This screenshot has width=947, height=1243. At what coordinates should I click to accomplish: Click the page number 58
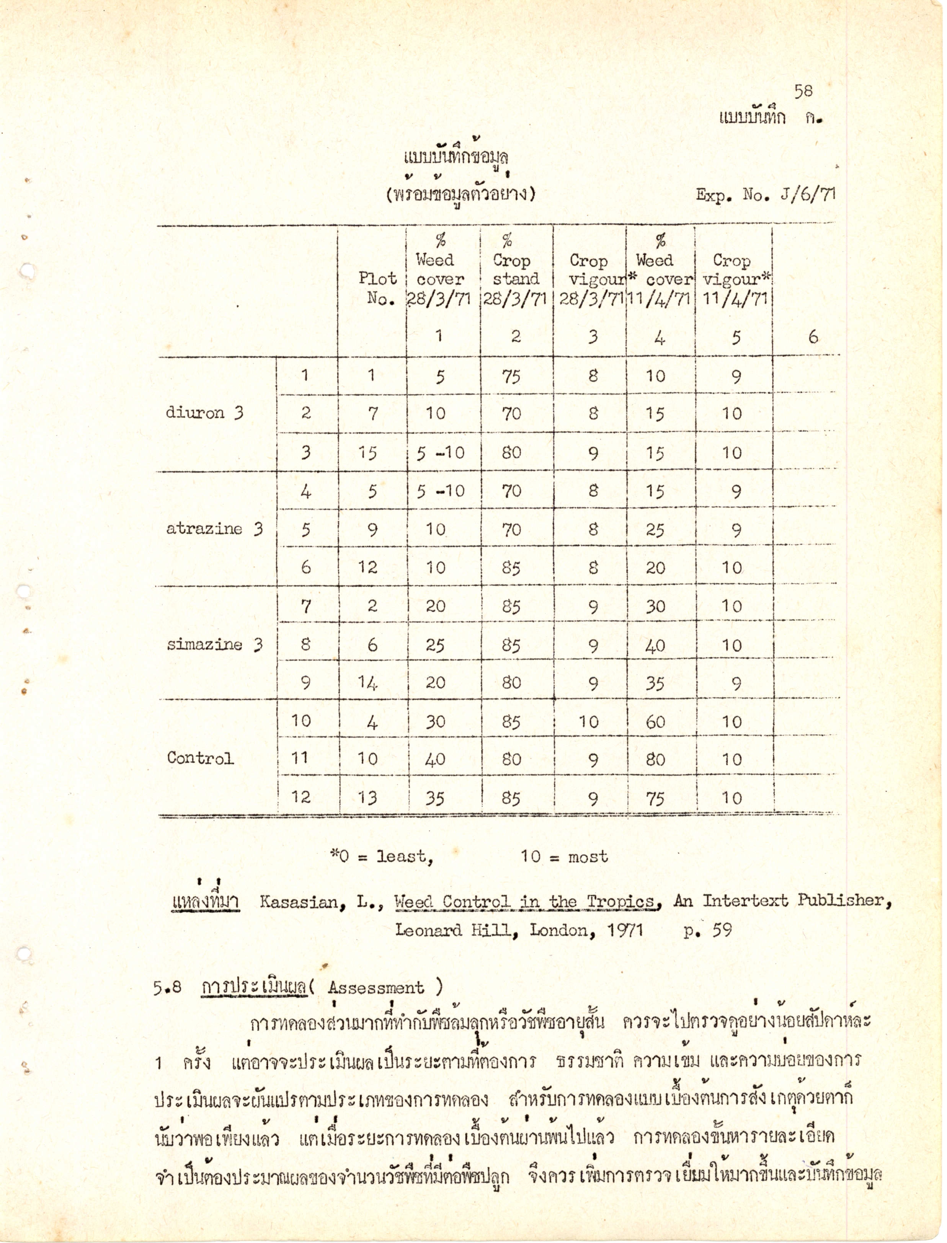pyautogui.click(x=803, y=92)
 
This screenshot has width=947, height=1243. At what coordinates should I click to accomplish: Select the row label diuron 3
pyautogui.click(x=204, y=413)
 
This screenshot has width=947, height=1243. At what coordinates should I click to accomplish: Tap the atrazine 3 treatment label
pyautogui.click(x=214, y=529)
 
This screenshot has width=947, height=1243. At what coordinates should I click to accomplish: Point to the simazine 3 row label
pyautogui.click(x=214, y=644)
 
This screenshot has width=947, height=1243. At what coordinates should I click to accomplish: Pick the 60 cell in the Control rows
pyautogui.click(x=655, y=722)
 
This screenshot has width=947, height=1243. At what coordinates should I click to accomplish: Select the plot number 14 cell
pyautogui.click(x=367, y=683)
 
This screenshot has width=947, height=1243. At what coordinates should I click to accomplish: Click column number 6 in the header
pyautogui.click(x=813, y=337)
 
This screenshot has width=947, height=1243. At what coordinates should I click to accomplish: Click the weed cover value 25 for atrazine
pyautogui.click(x=655, y=530)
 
